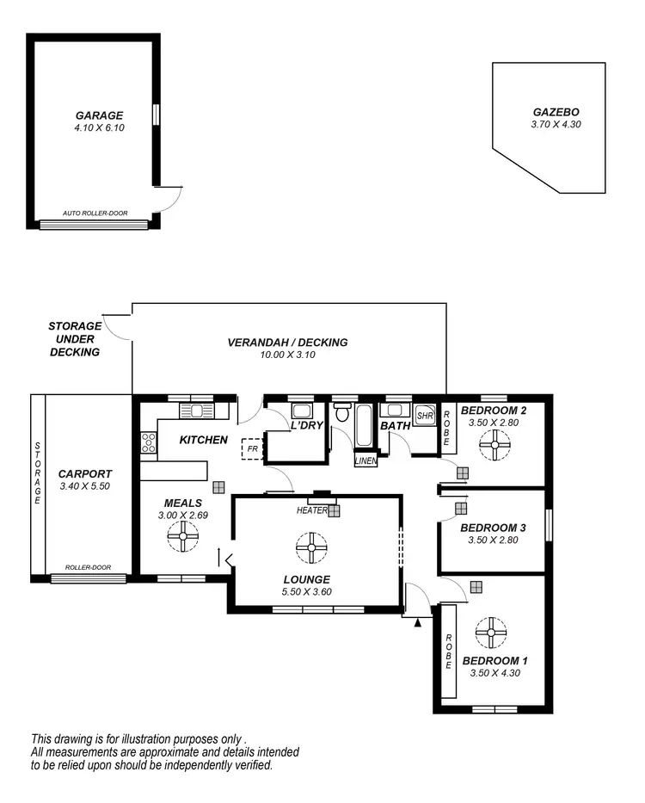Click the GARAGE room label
pos(99,114)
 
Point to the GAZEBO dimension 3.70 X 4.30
pos(556,125)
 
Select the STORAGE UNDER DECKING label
pos(74,339)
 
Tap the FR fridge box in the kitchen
pos(252,448)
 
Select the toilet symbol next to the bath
pos(341,414)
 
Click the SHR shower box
pos(425,416)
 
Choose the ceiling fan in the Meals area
pos(183,539)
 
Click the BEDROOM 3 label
pos(493,528)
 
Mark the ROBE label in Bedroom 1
pos(448,652)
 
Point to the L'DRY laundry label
pos(305,426)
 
